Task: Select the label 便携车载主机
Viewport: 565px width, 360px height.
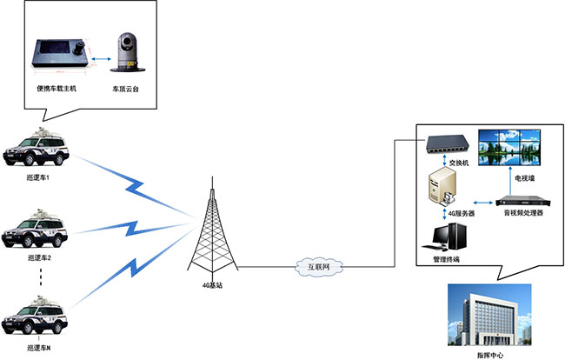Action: click(57, 88)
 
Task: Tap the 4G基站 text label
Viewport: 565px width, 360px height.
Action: click(213, 284)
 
